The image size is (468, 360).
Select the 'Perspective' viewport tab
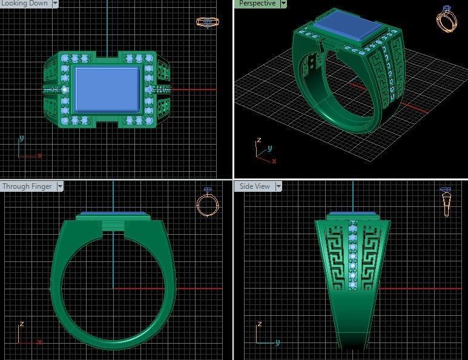click(257, 4)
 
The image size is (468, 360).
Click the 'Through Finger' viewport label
click(27, 186)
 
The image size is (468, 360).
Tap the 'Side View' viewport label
click(254, 186)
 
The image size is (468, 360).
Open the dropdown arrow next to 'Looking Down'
click(56, 4)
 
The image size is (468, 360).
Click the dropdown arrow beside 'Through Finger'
click(60, 186)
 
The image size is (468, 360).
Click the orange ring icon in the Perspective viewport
click(447, 20)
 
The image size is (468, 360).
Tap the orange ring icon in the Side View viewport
click(446, 202)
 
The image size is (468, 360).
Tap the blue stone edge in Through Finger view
click(112, 214)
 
